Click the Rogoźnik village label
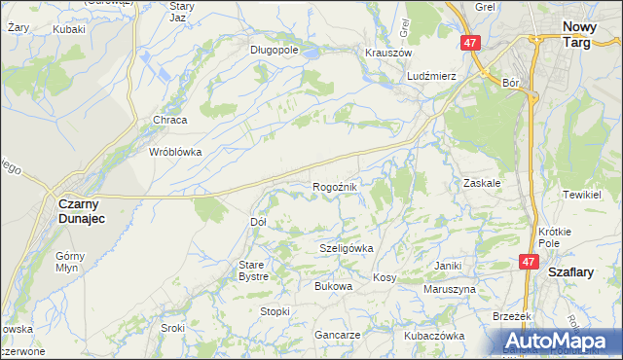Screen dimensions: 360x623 [337, 186]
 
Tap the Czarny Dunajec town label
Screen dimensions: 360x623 [82, 211]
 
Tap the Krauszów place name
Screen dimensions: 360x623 [388, 53]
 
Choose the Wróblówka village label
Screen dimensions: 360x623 [174, 152]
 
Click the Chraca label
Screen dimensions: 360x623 [169, 120]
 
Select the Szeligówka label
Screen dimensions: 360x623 [347, 248]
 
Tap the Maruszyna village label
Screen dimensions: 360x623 [449, 289]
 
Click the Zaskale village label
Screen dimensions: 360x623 [482, 182]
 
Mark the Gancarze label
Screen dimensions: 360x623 [338, 334]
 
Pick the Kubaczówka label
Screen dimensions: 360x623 [435, 335]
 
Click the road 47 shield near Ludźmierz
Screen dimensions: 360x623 [470, 43]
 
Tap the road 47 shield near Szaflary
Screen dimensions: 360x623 [529, 262]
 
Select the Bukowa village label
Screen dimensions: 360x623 [332, 286]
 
